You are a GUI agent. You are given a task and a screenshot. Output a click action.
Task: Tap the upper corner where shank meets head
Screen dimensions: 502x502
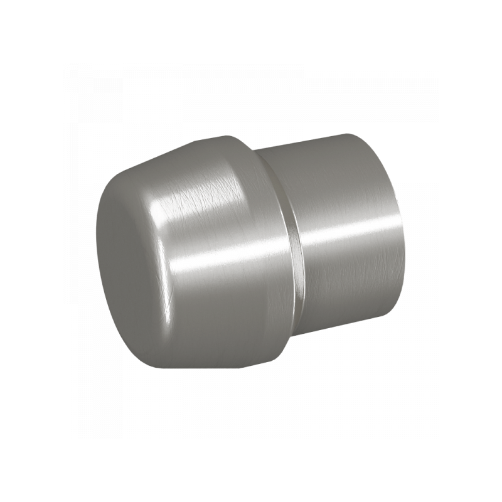point(257,149)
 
